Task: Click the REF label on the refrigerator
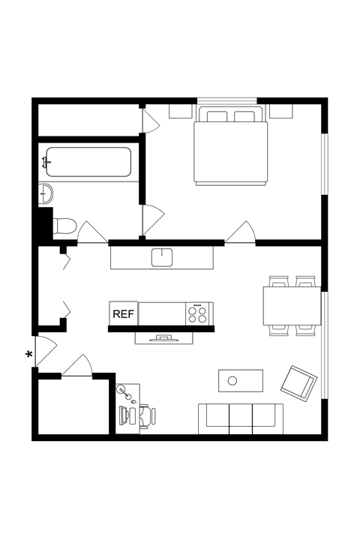coord(123,313)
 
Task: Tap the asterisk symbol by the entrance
coord(30,355)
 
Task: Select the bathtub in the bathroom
coord(88,162)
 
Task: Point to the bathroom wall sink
coord(46,193)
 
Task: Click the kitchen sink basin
coord(162,257)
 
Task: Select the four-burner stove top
coord(198,313)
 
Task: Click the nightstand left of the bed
coord(180,111)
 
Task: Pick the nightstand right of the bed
coord(281,111)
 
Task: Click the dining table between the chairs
coord(292,306)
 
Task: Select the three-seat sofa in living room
coord(241,418)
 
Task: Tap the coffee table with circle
coord(241,380)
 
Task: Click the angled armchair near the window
coord(298,382)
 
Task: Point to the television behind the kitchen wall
coord(164,337)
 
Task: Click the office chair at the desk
coord(145,415)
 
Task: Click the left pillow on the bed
coord(217,116)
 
